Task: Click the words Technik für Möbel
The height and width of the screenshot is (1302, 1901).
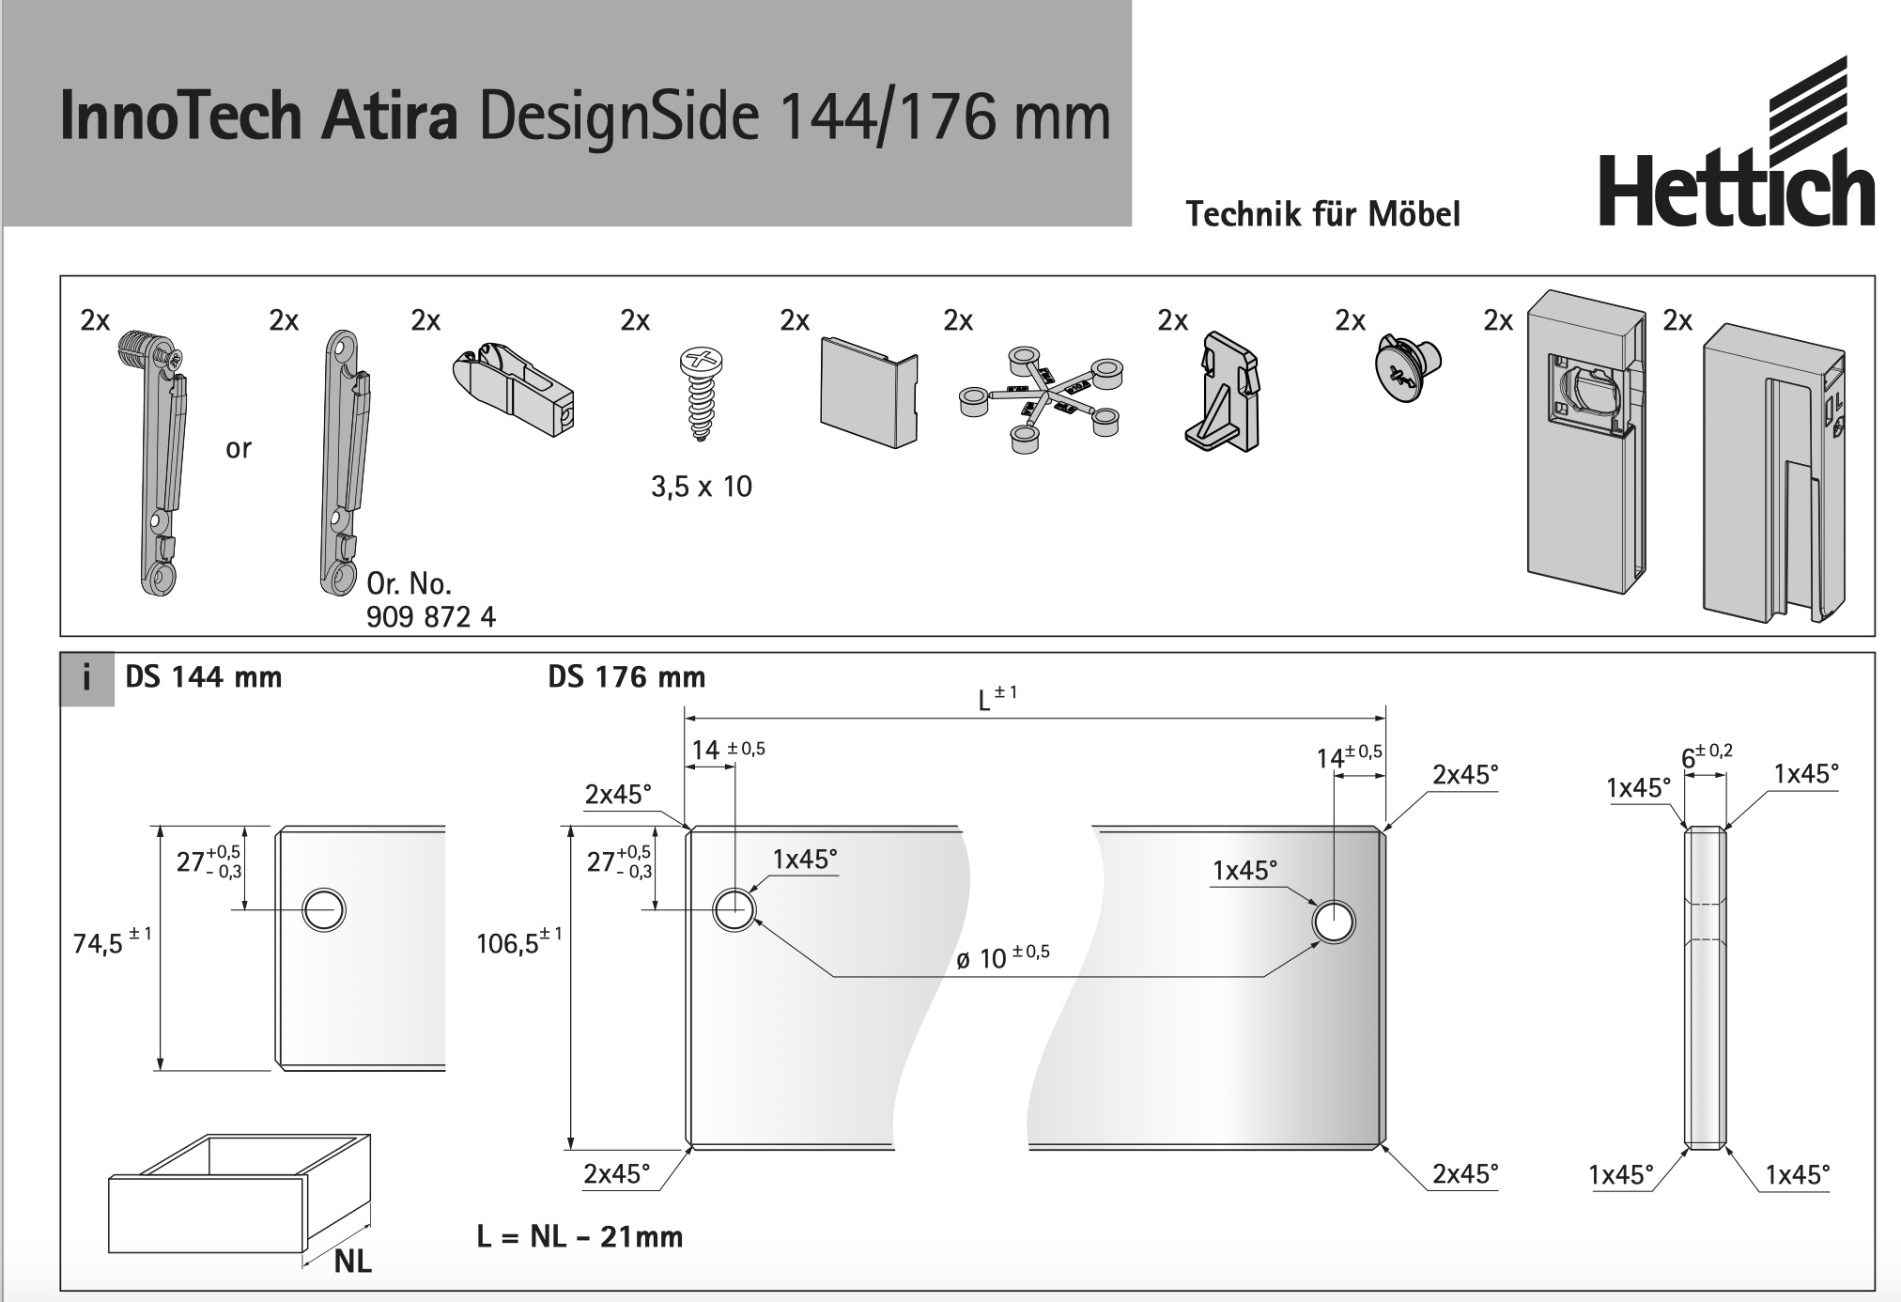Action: [x=1322, y=214]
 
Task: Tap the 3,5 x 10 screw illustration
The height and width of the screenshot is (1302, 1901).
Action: [x=702, y=394]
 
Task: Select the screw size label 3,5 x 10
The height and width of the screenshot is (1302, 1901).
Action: [x=702, y=487]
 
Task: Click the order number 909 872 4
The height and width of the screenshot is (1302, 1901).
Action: [x=431, y=617]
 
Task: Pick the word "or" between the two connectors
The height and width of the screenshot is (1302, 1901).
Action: [x=239, y=449]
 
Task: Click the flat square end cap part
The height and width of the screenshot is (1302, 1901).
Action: [x=869, y=392]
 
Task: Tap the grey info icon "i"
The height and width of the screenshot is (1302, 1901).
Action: [x=87, y=678]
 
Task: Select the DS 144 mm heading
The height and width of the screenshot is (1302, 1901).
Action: [x=204, y=677]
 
